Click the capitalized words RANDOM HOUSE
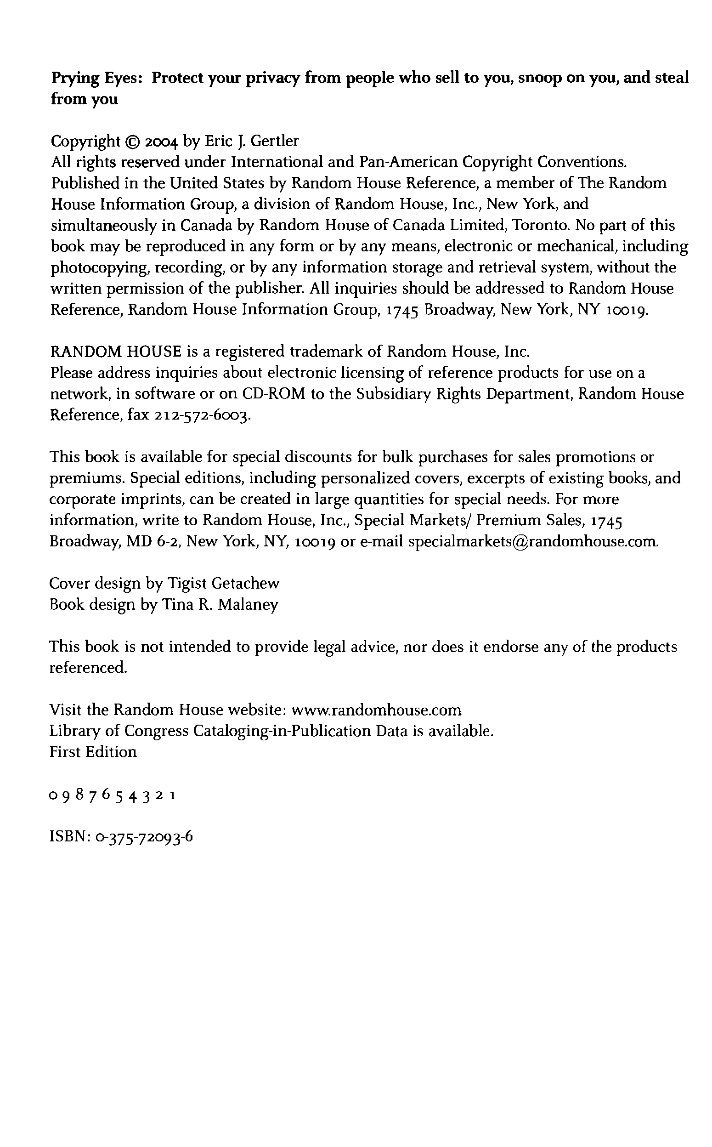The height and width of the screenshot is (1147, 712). pos(116,352)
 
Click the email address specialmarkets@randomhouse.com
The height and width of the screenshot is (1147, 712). pos(532,541)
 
